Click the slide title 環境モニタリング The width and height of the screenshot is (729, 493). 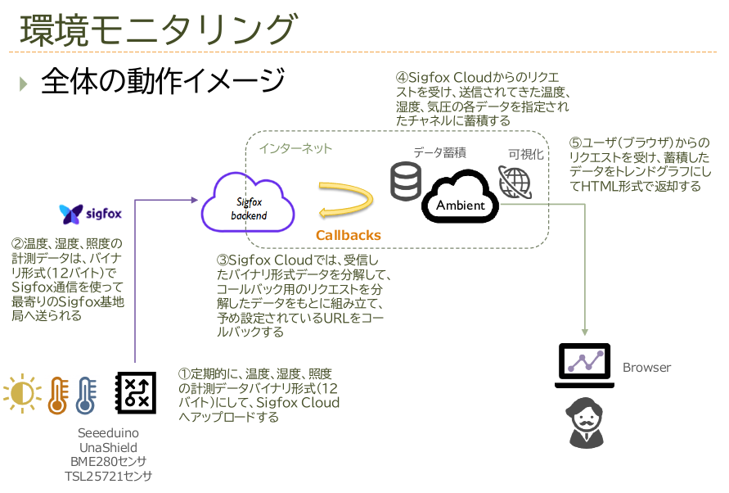(156, 29)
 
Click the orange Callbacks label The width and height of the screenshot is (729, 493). (349, 236)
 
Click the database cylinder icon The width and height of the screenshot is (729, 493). (406, 181)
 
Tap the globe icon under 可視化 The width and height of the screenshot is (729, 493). (515, 182)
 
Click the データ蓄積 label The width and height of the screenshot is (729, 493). (439, 152)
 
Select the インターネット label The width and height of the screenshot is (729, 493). (296, 148)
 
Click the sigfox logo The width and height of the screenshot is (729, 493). (91, 215)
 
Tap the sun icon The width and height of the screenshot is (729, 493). (22, 394)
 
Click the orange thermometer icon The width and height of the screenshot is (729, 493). (57, 394)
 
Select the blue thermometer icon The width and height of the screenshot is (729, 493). (85, 394)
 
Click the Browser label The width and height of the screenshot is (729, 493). (646, 368)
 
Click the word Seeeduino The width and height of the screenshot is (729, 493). (108, 432)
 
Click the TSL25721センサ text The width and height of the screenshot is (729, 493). (108, 476)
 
